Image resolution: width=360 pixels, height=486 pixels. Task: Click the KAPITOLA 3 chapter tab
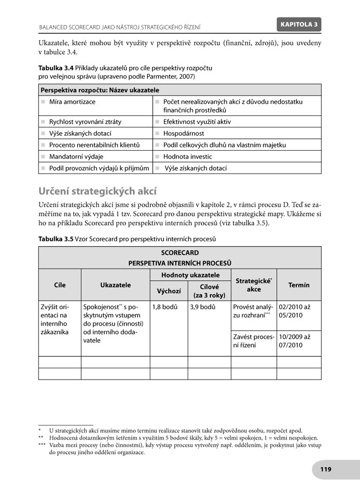coord(300,24)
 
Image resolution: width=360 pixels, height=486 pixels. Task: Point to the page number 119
coord(325,469)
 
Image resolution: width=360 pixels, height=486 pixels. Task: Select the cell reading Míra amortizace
coord(72,102)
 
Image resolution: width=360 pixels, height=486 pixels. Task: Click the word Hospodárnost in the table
coord(184,133)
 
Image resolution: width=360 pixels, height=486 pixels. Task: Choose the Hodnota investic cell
coord(187,156)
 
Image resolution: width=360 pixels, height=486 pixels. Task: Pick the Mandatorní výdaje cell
coord(76,156)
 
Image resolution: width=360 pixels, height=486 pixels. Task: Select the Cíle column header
coord(60,285)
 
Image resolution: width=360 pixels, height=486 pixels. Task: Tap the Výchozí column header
coord(169,291)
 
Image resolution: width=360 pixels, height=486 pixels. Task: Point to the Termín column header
coord(299,285)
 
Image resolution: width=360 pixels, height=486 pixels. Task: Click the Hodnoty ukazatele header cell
coord(190,275)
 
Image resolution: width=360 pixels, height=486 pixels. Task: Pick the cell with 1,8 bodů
coord(165,307)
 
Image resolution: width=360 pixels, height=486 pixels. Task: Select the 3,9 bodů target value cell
coord(202,307)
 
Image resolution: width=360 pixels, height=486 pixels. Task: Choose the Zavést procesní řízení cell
coord(253,341)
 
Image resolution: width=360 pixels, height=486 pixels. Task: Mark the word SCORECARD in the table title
coord(179,253)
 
